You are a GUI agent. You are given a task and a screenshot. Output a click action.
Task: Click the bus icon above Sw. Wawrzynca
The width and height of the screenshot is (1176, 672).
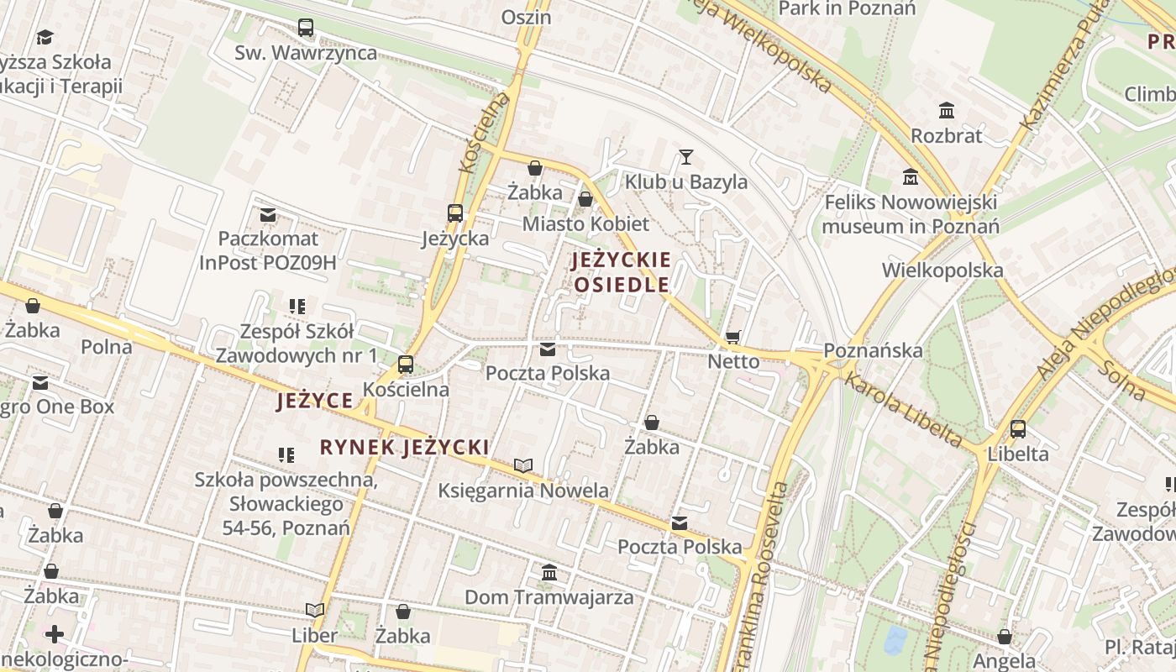pyautogui.click(x=306, y=28)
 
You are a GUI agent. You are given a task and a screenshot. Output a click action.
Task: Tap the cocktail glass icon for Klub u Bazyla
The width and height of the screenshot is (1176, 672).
pyautogui.click(x=686, y=157)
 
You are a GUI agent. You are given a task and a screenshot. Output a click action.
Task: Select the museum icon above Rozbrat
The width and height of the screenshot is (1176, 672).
pyautogui.click(x=947, y=110)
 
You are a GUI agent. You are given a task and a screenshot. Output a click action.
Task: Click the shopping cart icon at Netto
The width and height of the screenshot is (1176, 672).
pyautogui.click(x=733, y=337)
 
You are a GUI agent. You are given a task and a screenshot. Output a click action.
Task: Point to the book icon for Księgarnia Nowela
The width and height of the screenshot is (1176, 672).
pyautogui.click(x=523, y=465)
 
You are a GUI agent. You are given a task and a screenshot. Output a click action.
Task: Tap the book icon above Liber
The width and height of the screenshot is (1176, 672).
pyautogui.click(x=315, y=610)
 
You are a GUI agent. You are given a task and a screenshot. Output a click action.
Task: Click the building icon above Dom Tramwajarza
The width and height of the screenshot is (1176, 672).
pyautogui.click(x=549, y=572)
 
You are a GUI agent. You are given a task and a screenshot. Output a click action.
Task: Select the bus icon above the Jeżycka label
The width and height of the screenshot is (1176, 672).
pyautogui.click(x=455, y=213)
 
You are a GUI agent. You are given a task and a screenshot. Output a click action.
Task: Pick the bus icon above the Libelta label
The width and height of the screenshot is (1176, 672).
pyautogui.click(x=1018, y=429)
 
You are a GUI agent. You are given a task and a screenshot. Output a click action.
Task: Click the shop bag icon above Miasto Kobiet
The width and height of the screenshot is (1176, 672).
pyautogui.click(x=585, y=199)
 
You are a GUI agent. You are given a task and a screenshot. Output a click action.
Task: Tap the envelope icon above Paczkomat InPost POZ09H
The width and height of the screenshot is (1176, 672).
pyautogui.click(x=268, y=215)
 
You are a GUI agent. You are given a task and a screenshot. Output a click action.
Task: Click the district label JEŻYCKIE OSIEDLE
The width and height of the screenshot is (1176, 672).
pyautogui.click(x=622, y=272)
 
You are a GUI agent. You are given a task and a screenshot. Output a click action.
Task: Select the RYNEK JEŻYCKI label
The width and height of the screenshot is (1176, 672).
pyautogui.click(x=404, y=447)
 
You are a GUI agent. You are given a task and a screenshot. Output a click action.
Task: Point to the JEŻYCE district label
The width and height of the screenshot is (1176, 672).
pyautogui.click(x=315, y=401)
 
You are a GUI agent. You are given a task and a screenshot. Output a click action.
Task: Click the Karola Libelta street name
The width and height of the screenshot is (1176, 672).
pyautogui.click(x=903, y=408)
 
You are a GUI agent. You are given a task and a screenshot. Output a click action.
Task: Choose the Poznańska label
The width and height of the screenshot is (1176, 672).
pyautogui.click(x=873, y=350)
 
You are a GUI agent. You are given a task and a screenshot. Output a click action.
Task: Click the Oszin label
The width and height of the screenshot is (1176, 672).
pyautogui.click(x=526, y=17)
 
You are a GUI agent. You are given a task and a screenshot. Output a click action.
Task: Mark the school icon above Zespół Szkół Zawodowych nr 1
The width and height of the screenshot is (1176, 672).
pyautogui.click(x=297, y=307)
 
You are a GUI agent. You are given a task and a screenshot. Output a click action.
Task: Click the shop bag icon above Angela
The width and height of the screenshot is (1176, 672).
pyautogui.click(x=1004, y=637)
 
